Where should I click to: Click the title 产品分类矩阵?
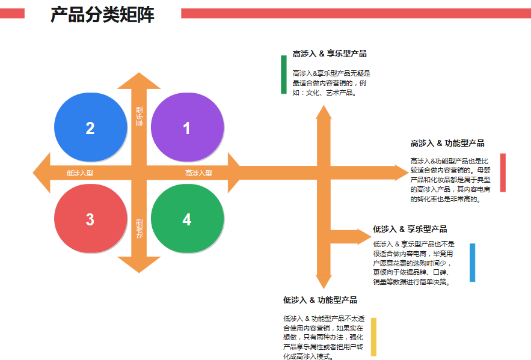point(102,14)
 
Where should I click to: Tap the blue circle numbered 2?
point(90,127)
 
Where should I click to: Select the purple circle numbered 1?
point(187,127)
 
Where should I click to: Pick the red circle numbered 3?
point(90,219)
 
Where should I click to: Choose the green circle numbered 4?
point(187,219)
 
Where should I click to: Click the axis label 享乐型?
point(140,115)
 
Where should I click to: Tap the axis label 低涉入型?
point(79,173)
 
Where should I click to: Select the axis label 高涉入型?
point(198,173)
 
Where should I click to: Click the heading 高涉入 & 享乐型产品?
point(329,53)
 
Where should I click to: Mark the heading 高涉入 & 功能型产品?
point(447,143)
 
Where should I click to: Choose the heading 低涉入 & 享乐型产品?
point(410,229)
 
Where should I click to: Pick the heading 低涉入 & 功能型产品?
point(320,300)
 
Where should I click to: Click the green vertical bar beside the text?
point(284,75)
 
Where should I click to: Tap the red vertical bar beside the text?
point(503,172)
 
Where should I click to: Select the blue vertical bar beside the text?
point(472,262)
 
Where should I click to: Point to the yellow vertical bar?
point(373,337)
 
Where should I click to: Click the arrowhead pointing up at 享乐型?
point(140,81)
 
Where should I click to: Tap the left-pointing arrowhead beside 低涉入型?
point(41,173)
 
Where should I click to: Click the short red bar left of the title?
point(12,13)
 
